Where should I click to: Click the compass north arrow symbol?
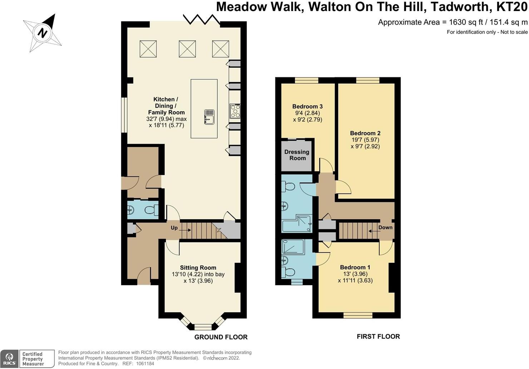pyautogui.click(x=43, y=33)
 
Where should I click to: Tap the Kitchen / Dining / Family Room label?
pyautogui.click(x=166, y=106)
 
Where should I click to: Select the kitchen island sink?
pyautogui.click(x=209, y=117)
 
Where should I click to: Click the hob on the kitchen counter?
pyautogui.click(x=235, y=111)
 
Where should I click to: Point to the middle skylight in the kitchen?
pyautogui.click(x=187, y=49)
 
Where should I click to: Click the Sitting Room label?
pyautogui.click(x=198, y=267)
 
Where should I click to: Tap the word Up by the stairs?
pyautogui.click(x=174, y=228)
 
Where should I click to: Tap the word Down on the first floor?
pyautogui.click(x=385, y=227)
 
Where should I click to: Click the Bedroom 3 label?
pyautogui.click(x=307, y=106)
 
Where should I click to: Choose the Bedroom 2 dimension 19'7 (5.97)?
pyautogui.click(x=365, y=140)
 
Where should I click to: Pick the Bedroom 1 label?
pyautogui.click(x=355, y=267)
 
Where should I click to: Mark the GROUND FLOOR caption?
pyautogui.click(x=221, y=337)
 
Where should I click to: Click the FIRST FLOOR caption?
pyautogui.click(x=378, y=336)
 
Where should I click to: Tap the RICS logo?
pyautogui.click(x=9, y=359)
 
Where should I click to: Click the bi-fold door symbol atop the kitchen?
pyautogui.click(x=202, y=19)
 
